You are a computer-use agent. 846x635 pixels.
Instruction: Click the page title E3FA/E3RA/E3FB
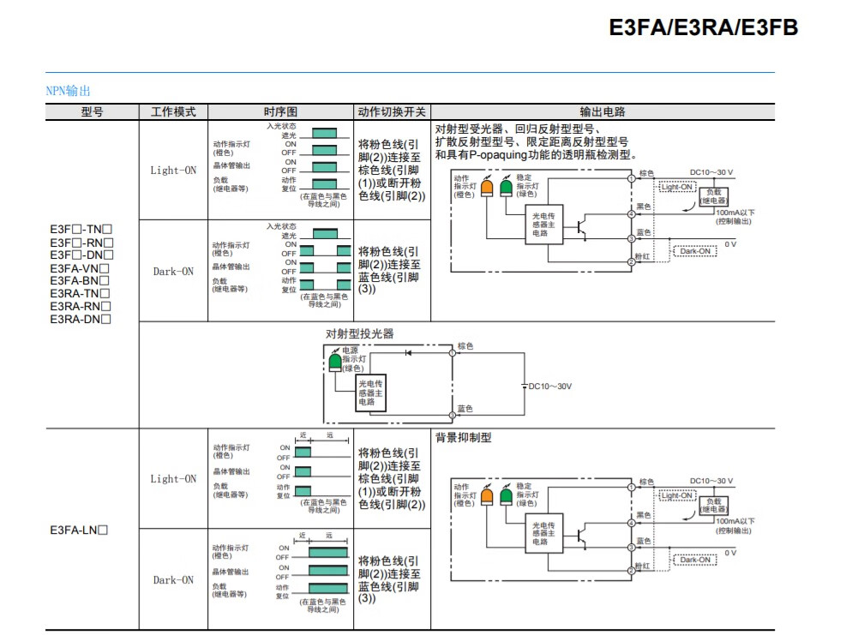[703, 27]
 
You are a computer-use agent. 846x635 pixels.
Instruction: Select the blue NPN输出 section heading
[68, 90]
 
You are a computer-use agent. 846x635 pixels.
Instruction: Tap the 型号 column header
[92, 111]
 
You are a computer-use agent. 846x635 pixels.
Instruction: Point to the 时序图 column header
[280, 111]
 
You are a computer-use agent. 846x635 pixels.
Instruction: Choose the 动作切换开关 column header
[392, 111]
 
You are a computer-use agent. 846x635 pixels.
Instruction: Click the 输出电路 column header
[603, 111]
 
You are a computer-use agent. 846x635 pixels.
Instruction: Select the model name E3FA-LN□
[79, 530]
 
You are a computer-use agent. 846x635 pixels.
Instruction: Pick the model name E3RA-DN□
[81, 319]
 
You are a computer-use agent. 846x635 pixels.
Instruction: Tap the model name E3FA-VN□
[81, 267]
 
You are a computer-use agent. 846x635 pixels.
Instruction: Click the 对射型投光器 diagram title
[360, 333]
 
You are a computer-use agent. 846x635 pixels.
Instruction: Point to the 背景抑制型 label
[463, 437]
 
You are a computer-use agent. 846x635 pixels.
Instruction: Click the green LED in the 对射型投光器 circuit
[334, 362]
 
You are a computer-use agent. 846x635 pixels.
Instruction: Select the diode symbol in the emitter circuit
[408, 352]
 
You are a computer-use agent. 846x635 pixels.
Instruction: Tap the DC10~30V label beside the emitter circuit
[549, 386]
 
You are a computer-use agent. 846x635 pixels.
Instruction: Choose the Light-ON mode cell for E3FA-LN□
[173, 479]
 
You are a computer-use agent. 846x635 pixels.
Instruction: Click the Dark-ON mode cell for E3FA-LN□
[173, 580]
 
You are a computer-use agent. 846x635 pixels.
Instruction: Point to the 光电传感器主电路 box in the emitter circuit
[372, 393]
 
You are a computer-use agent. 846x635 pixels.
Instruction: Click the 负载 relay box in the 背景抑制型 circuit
[714, 505]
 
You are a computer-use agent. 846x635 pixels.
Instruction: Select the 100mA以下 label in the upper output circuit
[735, 211]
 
